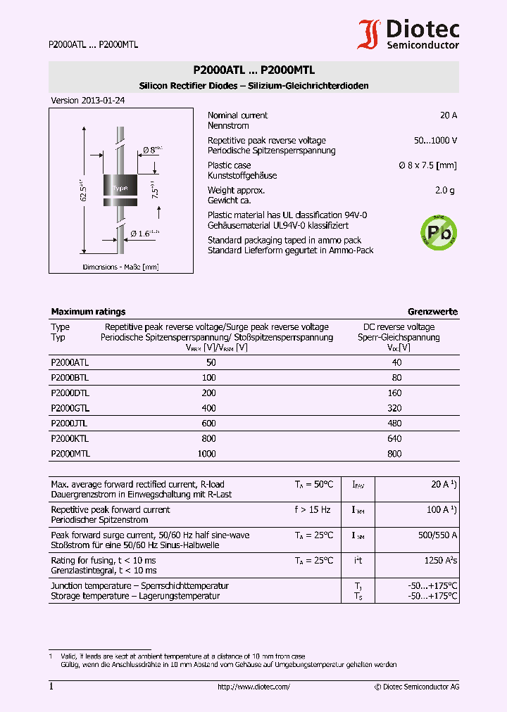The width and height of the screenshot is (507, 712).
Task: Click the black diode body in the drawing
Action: (x=120, y=188)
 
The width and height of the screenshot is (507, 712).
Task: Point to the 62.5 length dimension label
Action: (x=84, y=190)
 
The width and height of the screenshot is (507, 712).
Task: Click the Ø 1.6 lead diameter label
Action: (x=145, y=233)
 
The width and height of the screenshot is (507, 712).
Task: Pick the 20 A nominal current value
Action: (x=449, y=115)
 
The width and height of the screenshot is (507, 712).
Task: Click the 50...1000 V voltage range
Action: (x=435, y=141)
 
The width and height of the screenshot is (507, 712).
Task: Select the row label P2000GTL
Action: (x=70, y=408)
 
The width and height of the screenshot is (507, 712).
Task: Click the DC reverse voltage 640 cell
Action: (x=394, y=439)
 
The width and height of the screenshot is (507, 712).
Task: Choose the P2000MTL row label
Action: (x=70, y=454)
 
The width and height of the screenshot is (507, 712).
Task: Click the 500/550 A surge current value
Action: (x=438, y=535)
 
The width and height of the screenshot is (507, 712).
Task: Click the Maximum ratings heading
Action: (x=88, y=312)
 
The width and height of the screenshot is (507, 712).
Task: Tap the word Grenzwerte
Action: (x=432, y=312)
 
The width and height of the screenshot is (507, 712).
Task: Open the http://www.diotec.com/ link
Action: (x=254, y=687)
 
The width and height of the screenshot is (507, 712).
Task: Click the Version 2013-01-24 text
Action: (x=88, y=101)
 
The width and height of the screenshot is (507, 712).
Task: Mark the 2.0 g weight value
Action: (x=446, y=191)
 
